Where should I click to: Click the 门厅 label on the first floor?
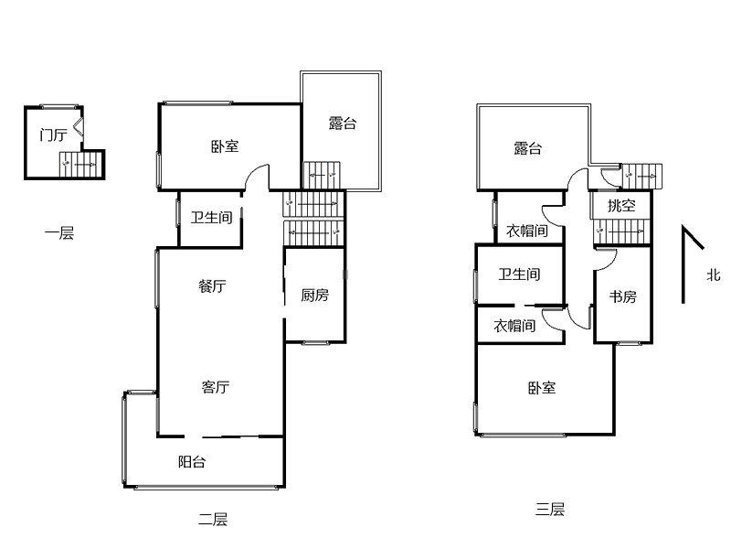click(53, 135)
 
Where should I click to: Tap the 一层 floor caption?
click(59, 233)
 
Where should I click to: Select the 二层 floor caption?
click(213, 520)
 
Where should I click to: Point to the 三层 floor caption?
click(550, 510)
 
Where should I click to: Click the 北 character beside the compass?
click(714, 274)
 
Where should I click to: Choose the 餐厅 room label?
click(212, 286)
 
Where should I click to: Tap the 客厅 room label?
click(215, 387)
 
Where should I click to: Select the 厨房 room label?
click(314, 296)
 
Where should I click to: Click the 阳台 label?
click(192, 462)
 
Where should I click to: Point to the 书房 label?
click(622, 297)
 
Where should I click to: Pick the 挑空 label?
click(621, 206)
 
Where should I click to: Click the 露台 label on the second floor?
click(343, 124)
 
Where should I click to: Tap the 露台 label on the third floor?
click(527, 148)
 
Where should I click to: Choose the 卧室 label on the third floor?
click(542, 388)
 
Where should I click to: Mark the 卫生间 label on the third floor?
click(519, 274)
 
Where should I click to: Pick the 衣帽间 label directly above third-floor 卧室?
click(514, 326)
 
